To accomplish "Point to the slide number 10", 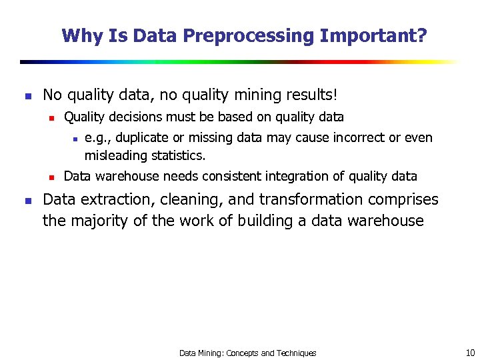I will click(470, 353).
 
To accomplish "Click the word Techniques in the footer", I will click(296, 353).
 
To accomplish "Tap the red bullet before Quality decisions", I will click(51, 118).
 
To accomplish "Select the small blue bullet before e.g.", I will click(75, 139).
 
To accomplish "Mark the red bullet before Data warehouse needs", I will click(51, 177).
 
